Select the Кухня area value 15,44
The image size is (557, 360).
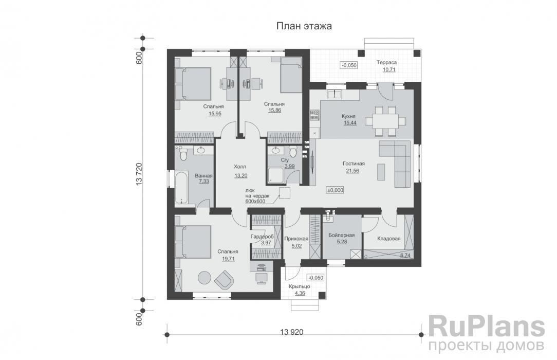[x=349, y=123]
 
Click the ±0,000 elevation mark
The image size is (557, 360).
[x=335, y=190]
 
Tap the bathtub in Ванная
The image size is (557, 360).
[x=182, y=188]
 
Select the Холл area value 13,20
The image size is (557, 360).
[x=240, y=175]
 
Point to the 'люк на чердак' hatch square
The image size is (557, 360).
[x=285, y=192]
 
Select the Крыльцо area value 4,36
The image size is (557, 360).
[x=300, y=293]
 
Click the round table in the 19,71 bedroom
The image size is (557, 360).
[x=205, y=277]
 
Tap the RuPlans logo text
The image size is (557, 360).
[x=486, y=327]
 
